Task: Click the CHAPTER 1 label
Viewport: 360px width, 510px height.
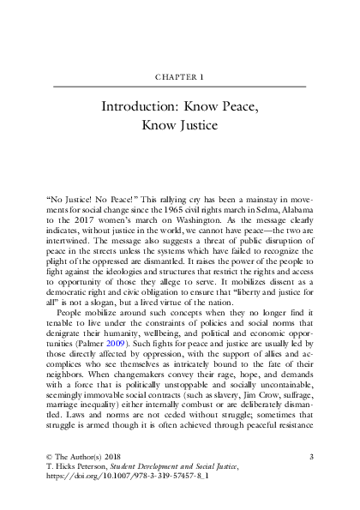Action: (180, 76)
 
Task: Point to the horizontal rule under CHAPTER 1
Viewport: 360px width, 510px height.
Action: (180, 87)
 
